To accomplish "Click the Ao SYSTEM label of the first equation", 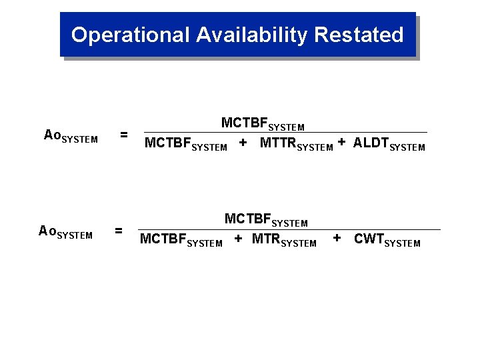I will coord(71,136).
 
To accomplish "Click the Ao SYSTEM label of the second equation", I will coord(66,232).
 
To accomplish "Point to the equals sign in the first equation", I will coord(123,135).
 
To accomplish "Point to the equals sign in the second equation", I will coord(119,231).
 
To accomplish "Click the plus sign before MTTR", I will coord(243,143).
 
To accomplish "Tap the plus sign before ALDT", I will coord(341,142).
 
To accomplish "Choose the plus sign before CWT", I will coord(337,238).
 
